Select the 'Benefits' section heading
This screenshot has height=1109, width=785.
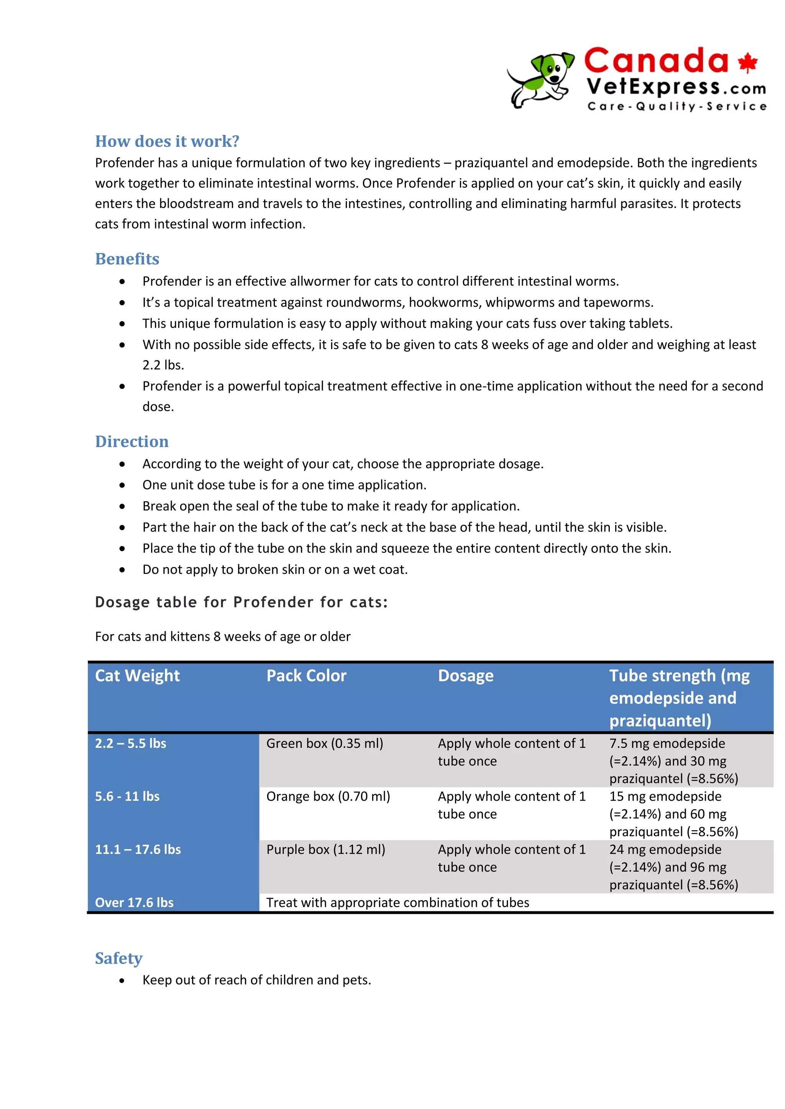click(x=127, y=259)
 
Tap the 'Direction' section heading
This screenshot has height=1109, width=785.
click(x=131, y=442)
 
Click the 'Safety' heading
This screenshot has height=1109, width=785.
click(x=118, y=958)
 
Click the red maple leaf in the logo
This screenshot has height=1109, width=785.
click(x=747, y=63)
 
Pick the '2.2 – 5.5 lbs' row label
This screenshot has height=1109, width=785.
click(x=130, y=743)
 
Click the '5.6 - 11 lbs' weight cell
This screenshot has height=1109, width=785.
click(x=127, y=797)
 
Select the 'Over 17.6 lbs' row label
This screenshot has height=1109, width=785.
click(x=135, y=902)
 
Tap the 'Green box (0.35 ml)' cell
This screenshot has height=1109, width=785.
click(x=324, y=743)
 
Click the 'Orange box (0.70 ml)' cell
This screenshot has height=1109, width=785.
click(x=328, y=797)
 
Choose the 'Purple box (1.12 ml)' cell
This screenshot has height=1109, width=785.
click(x=325, y=850)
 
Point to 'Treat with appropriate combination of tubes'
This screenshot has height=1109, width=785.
click(x=397, y=902)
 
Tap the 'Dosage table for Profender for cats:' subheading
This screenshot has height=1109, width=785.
click(x=241, y=602)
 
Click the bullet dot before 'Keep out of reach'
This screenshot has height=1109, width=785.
click(x=122, y=980)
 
